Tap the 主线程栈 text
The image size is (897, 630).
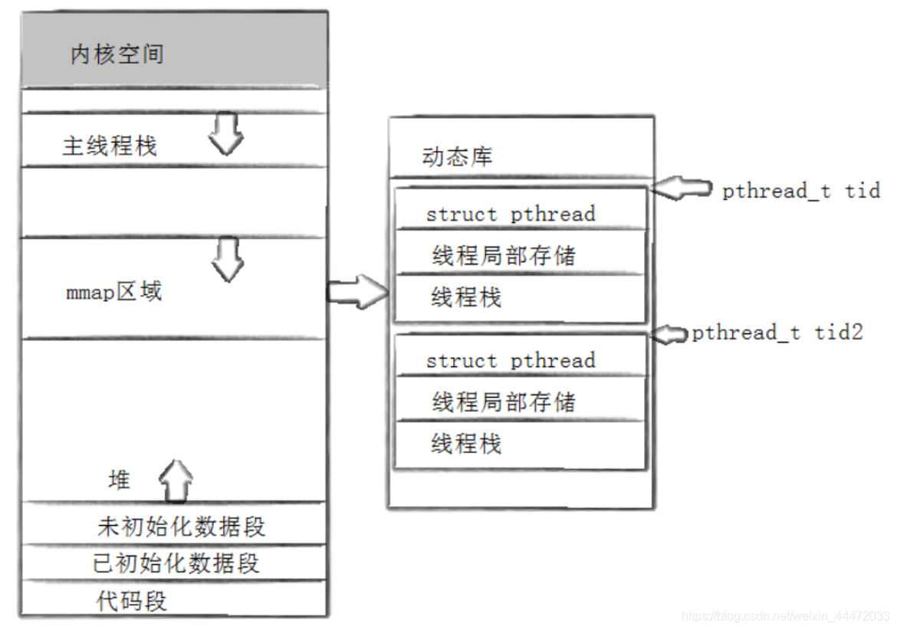[x=110, y=146]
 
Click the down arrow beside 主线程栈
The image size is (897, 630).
[x=227, y=133]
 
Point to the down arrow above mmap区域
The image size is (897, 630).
[x=228, y=258]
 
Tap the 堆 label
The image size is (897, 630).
[x=119, y=481]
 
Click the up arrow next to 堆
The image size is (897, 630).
[x=176, y=481]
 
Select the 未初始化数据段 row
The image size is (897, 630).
[x=181, y=527]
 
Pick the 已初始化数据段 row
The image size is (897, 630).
[x=176, y=563]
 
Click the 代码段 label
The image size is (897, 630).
[x=131, y=600]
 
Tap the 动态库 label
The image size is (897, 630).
[x=457, y=157]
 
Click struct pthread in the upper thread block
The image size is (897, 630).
[x=511, y=214]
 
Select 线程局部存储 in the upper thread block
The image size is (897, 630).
[x=503, y=255]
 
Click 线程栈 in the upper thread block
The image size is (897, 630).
[x=466, y=297]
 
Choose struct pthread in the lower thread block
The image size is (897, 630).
[x=511, y=360]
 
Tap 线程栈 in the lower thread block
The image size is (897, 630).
[x=466, y=443]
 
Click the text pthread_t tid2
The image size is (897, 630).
[x=777, y=333]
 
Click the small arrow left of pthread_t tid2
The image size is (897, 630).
[x=671, y=333]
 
